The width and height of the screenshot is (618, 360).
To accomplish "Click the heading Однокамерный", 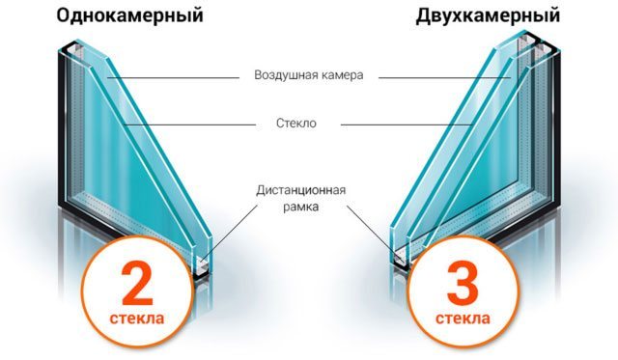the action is coord(129,16).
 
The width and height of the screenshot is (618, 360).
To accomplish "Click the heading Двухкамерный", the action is coord(488,16).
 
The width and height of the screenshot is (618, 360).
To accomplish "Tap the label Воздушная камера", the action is coord(309,75).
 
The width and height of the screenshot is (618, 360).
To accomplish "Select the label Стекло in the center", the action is coord(296,124).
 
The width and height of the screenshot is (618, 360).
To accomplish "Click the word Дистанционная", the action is coord(300,190).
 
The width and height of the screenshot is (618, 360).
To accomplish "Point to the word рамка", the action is coord(300,207).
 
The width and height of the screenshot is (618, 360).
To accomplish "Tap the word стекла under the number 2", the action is coord(137,318).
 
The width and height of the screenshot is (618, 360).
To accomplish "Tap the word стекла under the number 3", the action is coord(463,318).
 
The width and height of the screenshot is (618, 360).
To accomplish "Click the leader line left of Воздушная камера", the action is coord(173,78).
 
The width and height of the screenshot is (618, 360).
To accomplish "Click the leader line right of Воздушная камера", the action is coord(444,78).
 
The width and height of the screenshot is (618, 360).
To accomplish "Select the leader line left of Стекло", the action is coord(189,125).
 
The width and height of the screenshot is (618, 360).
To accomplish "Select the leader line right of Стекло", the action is coord(407,125).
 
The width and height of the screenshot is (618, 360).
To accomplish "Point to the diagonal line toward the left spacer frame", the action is coord(229,233).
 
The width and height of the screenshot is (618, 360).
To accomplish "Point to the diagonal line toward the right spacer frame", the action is coord(373,233).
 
